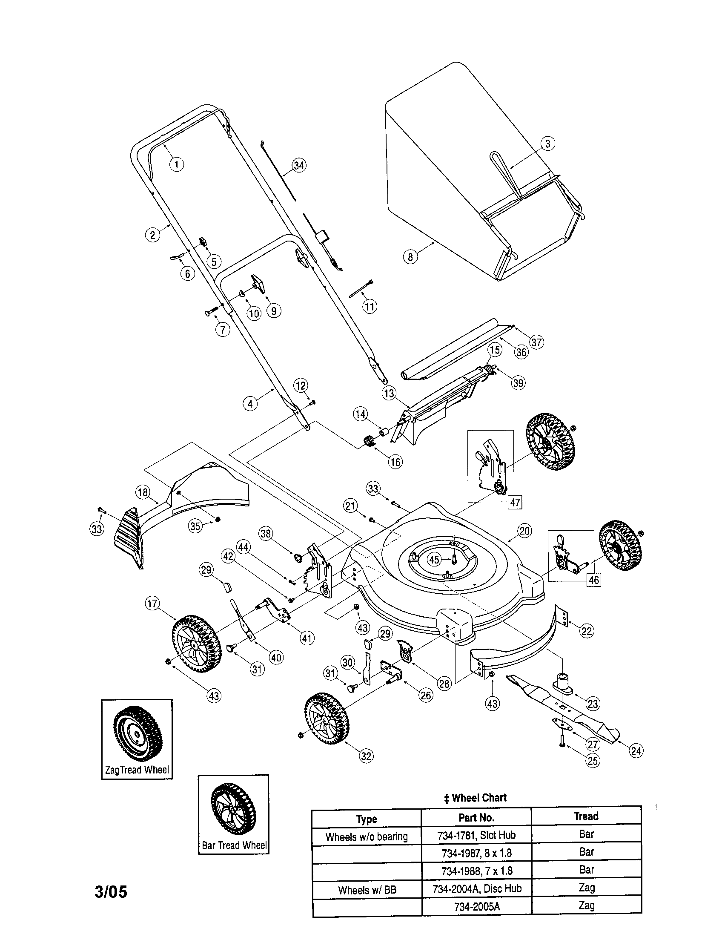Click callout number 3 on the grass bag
(547, 143)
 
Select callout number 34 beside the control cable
(299, 165)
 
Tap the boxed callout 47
(515, 502)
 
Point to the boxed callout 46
(593, 580)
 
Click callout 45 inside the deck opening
(435, 560)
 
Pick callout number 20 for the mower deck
(525, 531)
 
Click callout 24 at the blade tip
(636, 750)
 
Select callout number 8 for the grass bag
(410, 256)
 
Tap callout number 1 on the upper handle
(177, 164)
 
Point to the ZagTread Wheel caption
(137, 770)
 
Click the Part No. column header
(476, 818)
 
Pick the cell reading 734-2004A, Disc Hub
(476, 888)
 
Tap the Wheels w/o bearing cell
(367, 836)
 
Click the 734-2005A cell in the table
(476, 906)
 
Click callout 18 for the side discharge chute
(142, 491)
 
